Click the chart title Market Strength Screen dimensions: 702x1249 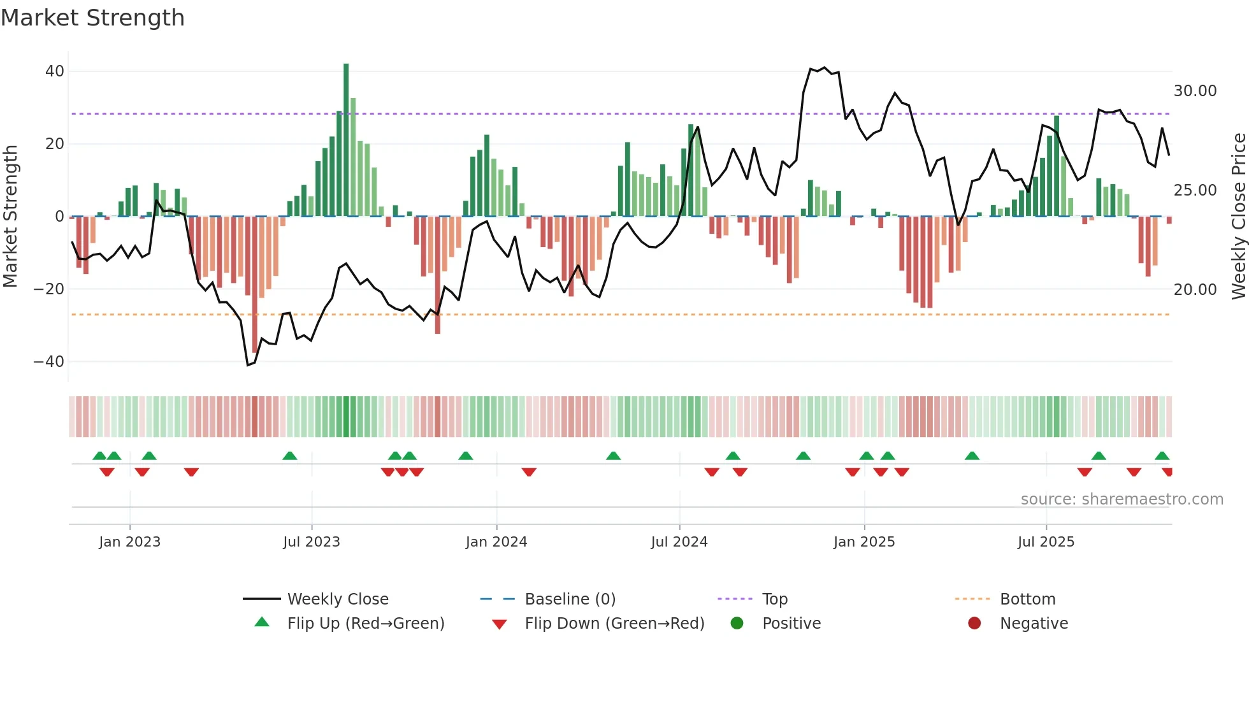pyautogui.click(x=92, y=18)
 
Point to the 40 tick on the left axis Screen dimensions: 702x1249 pyautogui.click(x=55, y=71)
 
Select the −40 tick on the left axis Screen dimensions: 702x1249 pyautogui.click(x=49, y=362)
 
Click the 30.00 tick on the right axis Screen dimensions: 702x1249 pyautogui.click(x=1195, y=91)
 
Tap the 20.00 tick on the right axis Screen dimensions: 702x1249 pyautogui.click(x=1195, y=290)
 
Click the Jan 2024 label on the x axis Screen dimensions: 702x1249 pyautogui.click(x=496, y=542)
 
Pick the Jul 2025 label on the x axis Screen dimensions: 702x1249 pyautogui.click(x=1046, y=542)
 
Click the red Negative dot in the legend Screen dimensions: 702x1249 pyautogui.click(x=974, y=624)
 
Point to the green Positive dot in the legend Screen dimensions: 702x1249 pyautogui.click(x=737, y=624)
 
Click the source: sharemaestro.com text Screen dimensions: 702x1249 pyautogui.click(x=1122, y=499)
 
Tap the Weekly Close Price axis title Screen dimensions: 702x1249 pyautogui.click(x=1238, y=217)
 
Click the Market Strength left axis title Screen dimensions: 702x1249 pyautogui.click(x=10, y=217)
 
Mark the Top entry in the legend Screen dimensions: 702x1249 pyautogui.click(x=774, y=599)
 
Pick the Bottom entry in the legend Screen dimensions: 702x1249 pyautogui.click(x=1027, y=599)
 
